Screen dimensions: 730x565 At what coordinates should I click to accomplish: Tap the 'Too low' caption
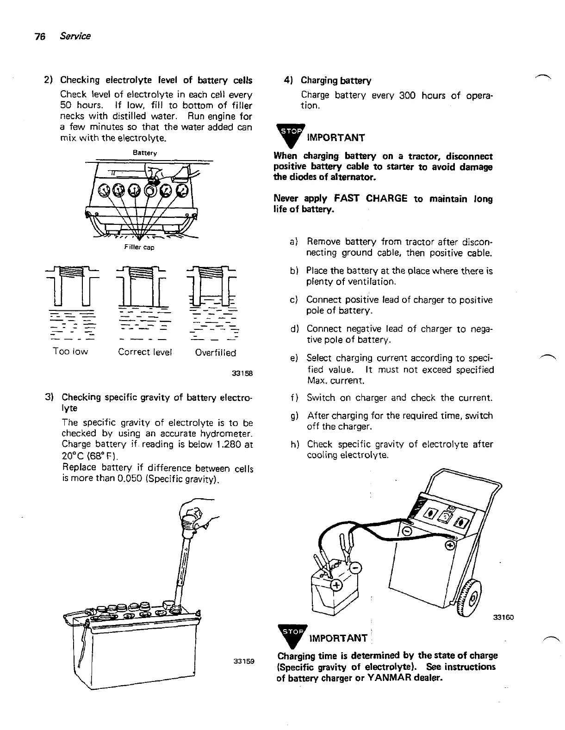[70, 352]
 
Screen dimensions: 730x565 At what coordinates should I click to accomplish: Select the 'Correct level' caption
[145, 352]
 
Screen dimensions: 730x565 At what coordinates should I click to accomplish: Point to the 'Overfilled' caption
[215, 353]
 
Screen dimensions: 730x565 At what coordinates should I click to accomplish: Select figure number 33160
[503, 617]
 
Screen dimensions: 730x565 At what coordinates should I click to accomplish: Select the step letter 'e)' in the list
[293, 359]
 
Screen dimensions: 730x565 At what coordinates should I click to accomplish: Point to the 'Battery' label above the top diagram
[145, 152]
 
